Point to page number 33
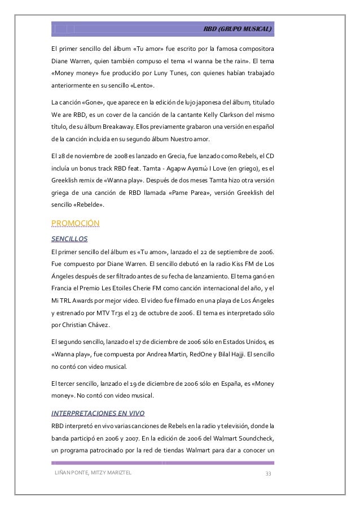point(269,473)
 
